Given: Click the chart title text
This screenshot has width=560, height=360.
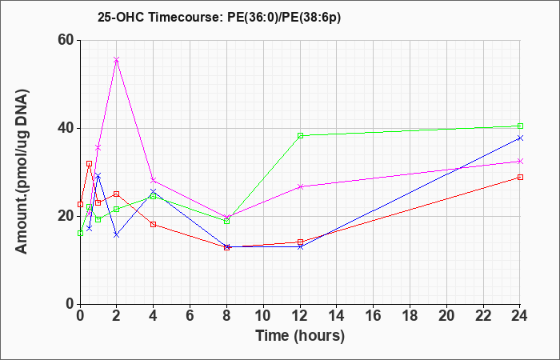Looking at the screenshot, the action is tap(219, 18).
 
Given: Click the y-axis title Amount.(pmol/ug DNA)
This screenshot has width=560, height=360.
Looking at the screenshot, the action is tap(22, 171).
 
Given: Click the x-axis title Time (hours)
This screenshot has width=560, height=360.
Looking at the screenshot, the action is tap(300, 336).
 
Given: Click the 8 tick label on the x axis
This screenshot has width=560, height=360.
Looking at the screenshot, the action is tap(226, 315).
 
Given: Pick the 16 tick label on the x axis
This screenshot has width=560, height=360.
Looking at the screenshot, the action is tap(373, 315).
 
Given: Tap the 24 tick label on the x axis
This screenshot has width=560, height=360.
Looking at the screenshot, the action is tap(519, 315).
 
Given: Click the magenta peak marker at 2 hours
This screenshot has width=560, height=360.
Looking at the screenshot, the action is tap(117, 60).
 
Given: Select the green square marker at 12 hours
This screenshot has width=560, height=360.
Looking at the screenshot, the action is tap(300, 135).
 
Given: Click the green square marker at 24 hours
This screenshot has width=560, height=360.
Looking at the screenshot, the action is tap(520, 126).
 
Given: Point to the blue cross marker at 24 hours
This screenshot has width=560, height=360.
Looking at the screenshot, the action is tap(520, 138).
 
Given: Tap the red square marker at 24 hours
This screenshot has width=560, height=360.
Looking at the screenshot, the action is tap(520, 177).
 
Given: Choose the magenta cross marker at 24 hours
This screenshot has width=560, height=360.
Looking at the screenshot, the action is tap(520, 161).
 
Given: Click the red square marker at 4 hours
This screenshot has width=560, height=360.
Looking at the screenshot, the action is tap(154, 224).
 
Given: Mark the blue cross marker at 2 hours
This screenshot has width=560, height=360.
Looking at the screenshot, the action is tap(117, 234).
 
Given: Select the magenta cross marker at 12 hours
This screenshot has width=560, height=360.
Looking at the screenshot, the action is tap(300, 186).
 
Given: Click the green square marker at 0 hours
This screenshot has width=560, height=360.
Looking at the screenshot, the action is tap(80, 234).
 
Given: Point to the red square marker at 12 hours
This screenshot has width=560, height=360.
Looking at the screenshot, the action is tap(300, 242).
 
